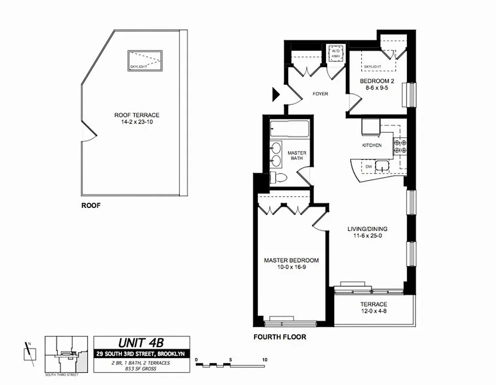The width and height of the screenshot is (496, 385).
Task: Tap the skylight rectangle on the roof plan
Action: pos(145,60)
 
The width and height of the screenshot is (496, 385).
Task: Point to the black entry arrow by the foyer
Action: pos(276,94)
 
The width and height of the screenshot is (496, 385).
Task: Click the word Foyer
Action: pos(320,94)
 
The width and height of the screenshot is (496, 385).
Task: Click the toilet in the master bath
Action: pos(279,178)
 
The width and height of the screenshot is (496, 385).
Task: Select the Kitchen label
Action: pos(372,145)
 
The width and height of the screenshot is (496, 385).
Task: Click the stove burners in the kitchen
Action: pos(400,146)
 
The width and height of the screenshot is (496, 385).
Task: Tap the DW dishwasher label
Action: pos(369,167)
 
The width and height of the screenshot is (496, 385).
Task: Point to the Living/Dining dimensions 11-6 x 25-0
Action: pos(368,236)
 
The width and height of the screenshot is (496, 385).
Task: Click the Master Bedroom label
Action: pos(291,260)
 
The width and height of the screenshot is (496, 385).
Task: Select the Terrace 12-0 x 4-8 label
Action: pos(374,308)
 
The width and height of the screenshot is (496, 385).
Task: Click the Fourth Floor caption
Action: pos(280,337)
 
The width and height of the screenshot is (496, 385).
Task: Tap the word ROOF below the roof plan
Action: pos(90,205)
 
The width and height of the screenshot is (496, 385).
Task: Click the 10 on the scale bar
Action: pos(265,359)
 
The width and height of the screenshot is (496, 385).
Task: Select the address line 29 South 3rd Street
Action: pos(141,354)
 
